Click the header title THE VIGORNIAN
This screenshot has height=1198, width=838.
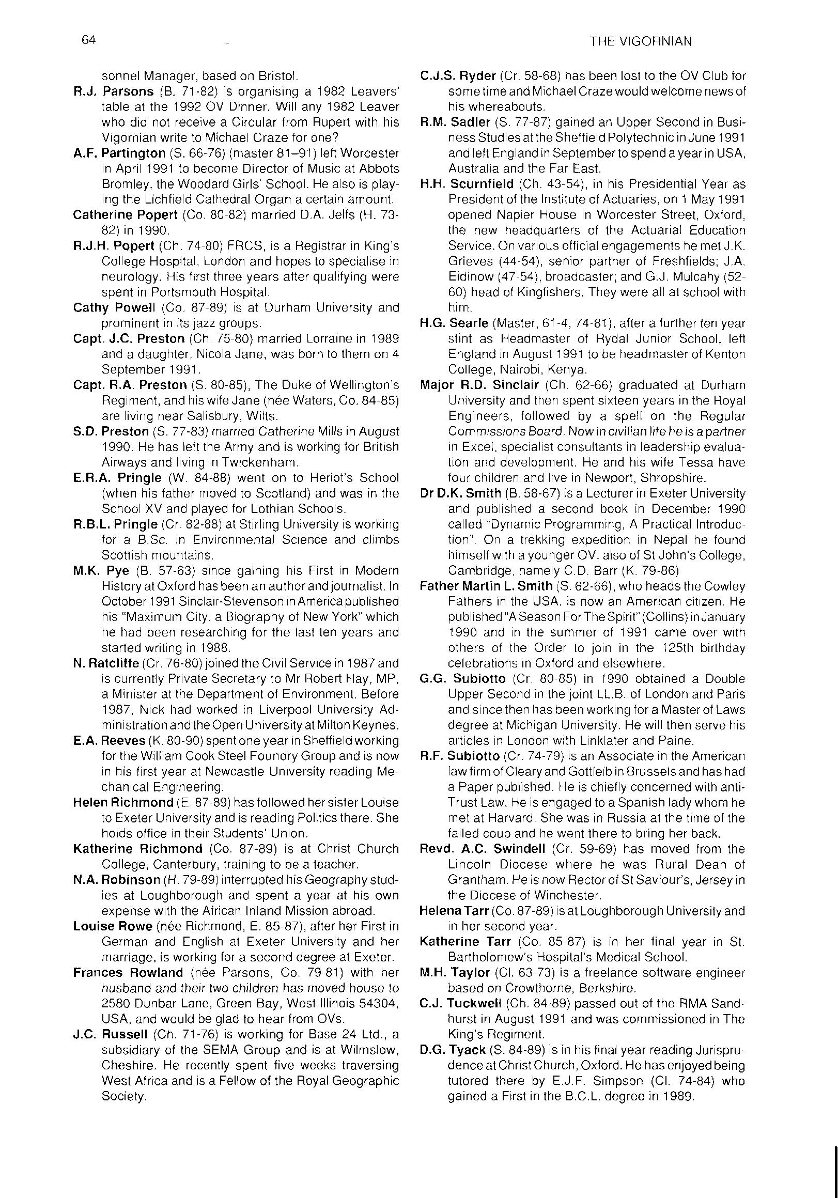[x=640, y=42]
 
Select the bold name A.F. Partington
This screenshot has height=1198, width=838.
[x=119, y=153]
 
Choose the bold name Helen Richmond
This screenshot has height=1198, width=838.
[x=123, y=802]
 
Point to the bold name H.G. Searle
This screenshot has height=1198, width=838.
[x=454, y=323]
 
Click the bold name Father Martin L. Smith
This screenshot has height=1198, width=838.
[x=486, y=586]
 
